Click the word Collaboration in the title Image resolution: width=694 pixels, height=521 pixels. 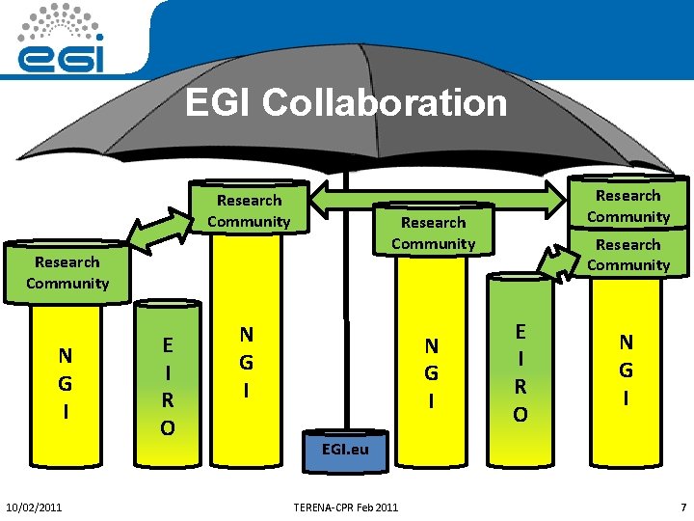click(x=385, y=102)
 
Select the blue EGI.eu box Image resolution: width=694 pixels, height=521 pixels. click(x=345, y=451)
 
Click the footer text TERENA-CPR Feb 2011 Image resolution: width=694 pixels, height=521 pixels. click(x=347, y=507)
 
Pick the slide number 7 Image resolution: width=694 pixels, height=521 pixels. click(x=682, y=507)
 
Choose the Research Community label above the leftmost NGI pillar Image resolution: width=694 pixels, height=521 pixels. click(x=67, y=272)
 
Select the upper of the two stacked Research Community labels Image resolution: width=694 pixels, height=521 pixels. click(x=628, y=206)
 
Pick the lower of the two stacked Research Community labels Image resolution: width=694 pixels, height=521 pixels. click(x=628, y=255)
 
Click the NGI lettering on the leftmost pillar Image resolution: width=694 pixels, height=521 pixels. click(x=65, y=383)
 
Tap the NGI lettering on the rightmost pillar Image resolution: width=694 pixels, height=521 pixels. click(x=627, y=370)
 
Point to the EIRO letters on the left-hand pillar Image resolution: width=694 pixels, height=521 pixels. click(x=168, y=385)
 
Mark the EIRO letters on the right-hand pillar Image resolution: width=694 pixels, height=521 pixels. click(x=520, y=372)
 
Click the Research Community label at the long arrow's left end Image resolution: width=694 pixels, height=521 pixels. click(x=249, y=210)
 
